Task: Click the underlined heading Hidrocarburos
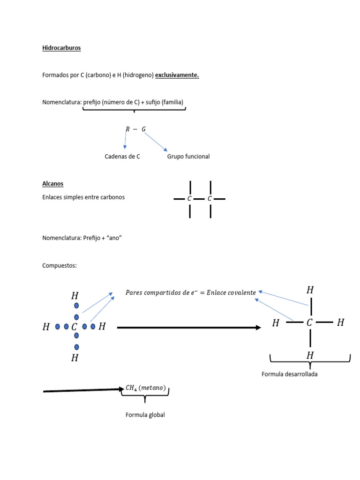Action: tap(61, 48)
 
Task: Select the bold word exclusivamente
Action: tap(177, 75)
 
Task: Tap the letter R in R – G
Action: tap(127, 129)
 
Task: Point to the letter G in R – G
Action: tap(143, 129)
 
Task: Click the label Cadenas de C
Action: tap(122, 157)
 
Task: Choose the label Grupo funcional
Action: tap(188, 157)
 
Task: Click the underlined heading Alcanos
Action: tap(52, 184)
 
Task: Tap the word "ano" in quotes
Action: tap(114, 238)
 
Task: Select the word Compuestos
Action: tap(60, 266)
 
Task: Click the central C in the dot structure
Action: tap(74, 327)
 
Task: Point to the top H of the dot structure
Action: tap(75, 296)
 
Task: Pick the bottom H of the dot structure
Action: tap(75, 358)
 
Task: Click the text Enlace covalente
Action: tap(231, 292)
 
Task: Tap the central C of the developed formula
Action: tap(309, 322)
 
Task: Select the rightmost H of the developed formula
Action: tap(341, 322)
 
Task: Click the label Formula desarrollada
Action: tap(290, 374)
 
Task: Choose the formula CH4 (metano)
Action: tap(146, 388)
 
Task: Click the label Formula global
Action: tap(145, 415)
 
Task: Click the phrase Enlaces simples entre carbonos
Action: tap(83, 197)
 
